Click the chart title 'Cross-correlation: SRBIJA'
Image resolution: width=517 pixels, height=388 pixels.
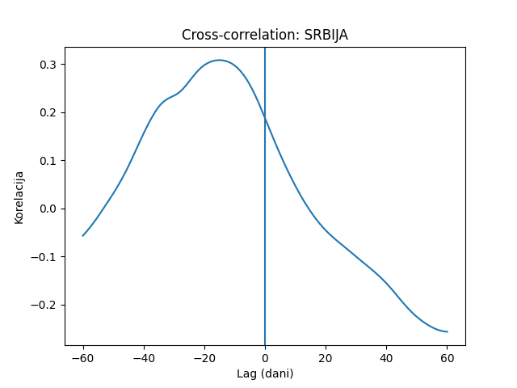(x=265, y=35)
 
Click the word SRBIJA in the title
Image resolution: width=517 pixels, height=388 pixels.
(x=326, y=35)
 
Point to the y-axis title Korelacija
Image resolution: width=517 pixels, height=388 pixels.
(x=19, y=197)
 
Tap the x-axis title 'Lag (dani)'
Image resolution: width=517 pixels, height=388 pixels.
(x=265, y=373)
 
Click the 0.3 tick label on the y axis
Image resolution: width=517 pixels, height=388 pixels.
(x=48, y=65)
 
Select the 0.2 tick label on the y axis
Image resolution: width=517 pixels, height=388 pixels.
(x=48, y=113)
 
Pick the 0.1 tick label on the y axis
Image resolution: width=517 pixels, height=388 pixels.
(x=48, y=161)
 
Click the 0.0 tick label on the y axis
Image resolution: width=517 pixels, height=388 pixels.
(x=48, y=209)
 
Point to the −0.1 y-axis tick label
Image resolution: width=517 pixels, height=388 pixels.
(x=44, y=257)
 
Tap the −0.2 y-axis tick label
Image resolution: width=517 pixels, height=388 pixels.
(x=44, y=306)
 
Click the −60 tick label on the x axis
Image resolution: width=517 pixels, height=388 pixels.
(x=82, y=358)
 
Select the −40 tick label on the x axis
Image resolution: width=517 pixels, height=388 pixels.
(x=144, y=358)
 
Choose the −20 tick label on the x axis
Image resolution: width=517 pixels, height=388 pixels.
(x=204, y=358)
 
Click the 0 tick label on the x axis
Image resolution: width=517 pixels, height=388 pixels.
(x=265, y=358)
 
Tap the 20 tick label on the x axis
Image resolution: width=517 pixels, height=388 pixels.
(x=326, y=358)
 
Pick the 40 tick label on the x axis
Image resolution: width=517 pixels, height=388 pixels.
(x=386, y=358)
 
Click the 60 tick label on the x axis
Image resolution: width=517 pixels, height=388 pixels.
(x=447, y=358)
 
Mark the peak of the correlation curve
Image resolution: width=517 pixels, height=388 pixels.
(x=219, y=60)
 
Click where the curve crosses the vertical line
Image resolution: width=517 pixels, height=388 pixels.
(x=265, y=118)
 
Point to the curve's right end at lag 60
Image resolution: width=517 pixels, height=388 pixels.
(x=447, y=331)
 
